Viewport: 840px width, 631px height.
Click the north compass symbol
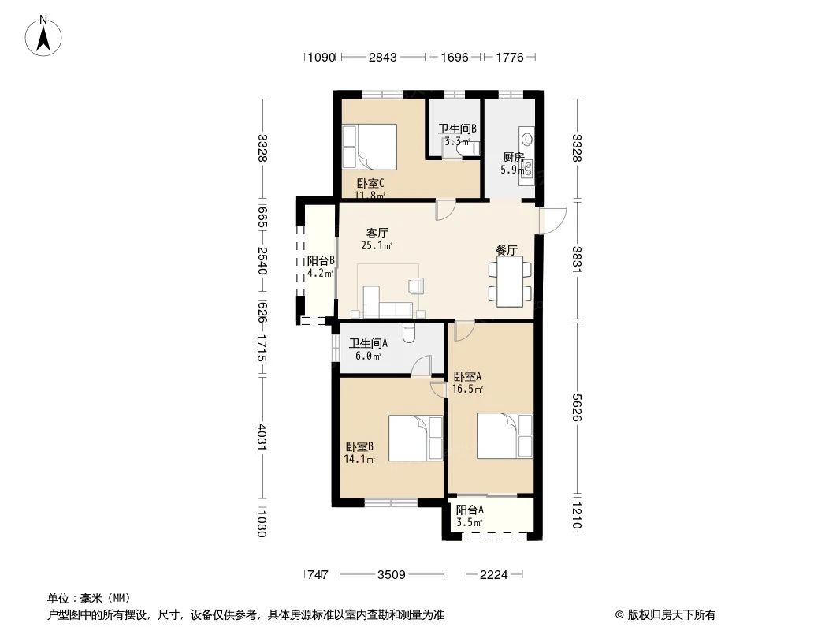pyautogui.click(x=45, y=35)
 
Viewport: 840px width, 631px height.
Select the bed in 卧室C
pyautogui.click(x=368, y=146)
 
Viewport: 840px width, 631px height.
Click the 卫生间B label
pyautogui.click(x=457, y=129)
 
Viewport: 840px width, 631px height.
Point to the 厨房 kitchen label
pyautogui.click(x=512, y=157)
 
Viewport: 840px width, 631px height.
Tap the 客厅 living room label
pyautogui.click(x=377, y=233)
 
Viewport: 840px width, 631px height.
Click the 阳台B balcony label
pyautogui.click(x=321, y=261)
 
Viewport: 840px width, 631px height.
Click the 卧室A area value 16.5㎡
pyautogui.click(x=468, y=389)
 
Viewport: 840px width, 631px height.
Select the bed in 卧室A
pyautogui.click(x=505, y=436)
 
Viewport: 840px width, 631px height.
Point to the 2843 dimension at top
pyautogui.click(x=383, y=57)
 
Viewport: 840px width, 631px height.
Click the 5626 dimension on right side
pyautogui.click(x=578, y=408)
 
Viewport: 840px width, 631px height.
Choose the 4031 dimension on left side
pyautogui.click(x=262, y=439)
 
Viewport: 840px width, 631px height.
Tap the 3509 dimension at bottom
pyautogui.click(x=391, y=575)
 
